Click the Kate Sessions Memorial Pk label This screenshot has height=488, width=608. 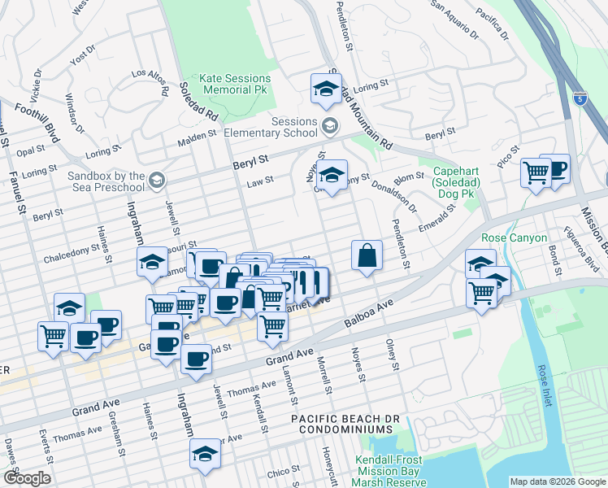tap(228, 84)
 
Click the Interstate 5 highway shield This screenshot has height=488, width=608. tap(578, 99)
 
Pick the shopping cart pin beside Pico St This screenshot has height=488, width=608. tap(536, 173)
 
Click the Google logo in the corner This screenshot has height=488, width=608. tap(26, 478)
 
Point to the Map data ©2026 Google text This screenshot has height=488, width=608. tap(557, 481)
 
